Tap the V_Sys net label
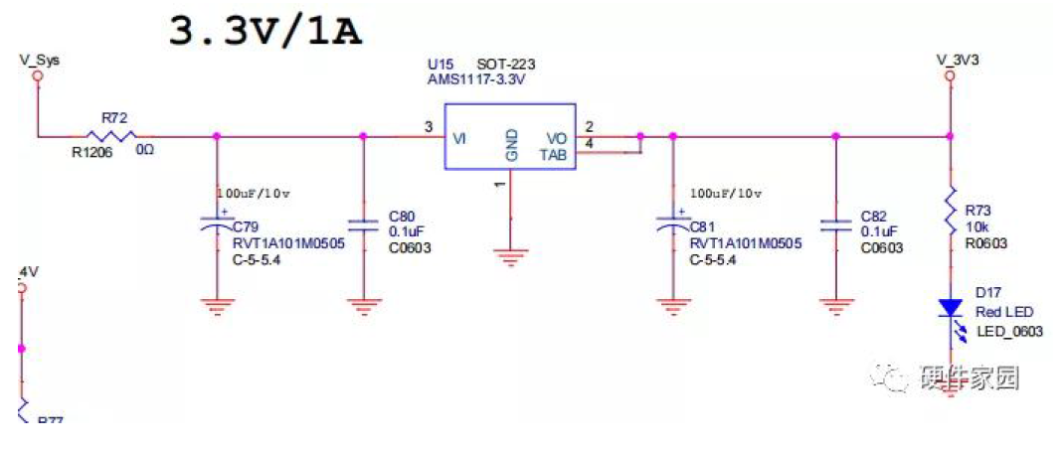coord(39,60)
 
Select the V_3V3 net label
coord(958,60)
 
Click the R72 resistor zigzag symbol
coord(109,136)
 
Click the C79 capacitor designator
coord(245,226)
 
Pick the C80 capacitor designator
coord(401,216)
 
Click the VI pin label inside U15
coord(459,139)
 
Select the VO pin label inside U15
coord(557,139)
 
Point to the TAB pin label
coord(555,154)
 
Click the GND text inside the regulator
coord(511,145)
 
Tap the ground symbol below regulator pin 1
coord(510,257)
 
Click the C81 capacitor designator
coord(702,226)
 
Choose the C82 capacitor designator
coord(874,216)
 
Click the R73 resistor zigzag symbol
coord(951,211)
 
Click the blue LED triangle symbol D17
coord(951,307)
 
